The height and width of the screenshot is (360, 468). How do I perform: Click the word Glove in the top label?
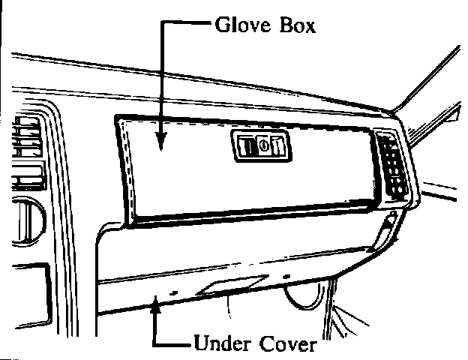click(239, 27)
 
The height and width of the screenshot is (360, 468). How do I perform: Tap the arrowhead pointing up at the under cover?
click(155, 301)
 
